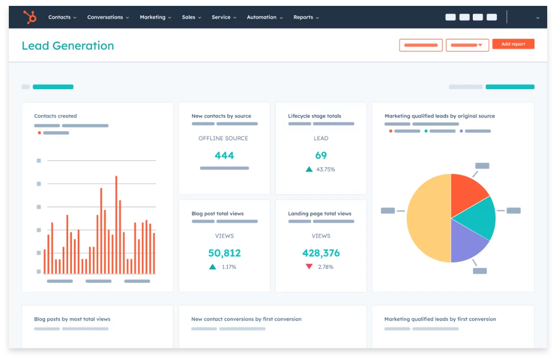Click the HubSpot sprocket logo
30,17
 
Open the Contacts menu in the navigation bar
62,17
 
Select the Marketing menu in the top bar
155,17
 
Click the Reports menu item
306,17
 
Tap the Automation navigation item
264,17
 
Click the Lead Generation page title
68,46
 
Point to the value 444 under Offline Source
225,155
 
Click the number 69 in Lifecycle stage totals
321,155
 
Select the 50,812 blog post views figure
225,253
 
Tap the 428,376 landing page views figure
321,253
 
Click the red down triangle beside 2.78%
309,266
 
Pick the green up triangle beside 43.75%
309,169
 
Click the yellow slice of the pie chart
427,218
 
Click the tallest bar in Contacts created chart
116,224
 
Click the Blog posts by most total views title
72,319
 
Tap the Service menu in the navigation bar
224,17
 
